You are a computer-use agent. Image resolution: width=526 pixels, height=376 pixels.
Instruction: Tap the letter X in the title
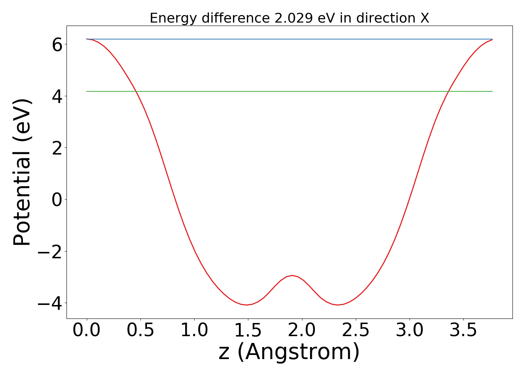[x=425, y=18]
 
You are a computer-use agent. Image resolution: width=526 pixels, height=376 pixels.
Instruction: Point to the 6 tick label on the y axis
[x=57, y=45]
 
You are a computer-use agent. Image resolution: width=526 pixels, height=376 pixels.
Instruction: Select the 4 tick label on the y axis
[x=57, y=96]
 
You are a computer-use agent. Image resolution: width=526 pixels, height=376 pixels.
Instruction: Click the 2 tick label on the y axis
[x=57, y=148]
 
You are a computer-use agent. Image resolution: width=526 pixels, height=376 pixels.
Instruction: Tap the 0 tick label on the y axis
[x=57, y=200]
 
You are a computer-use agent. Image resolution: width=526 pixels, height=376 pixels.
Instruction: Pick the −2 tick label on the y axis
[x=49, y=251]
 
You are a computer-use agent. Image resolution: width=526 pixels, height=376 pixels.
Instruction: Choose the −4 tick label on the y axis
[x=49, y=303]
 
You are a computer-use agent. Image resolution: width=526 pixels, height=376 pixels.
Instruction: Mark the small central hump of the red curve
[x=292, y=276]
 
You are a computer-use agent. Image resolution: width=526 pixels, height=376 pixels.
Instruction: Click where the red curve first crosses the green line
[x=136, y=91]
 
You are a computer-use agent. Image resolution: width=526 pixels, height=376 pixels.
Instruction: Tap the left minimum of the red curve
[x=247, y=305]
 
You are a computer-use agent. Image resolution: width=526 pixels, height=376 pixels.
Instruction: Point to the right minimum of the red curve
[x=338, y=305]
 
